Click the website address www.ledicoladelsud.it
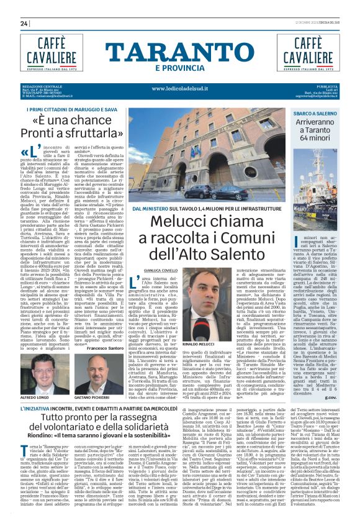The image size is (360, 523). (179, 88)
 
